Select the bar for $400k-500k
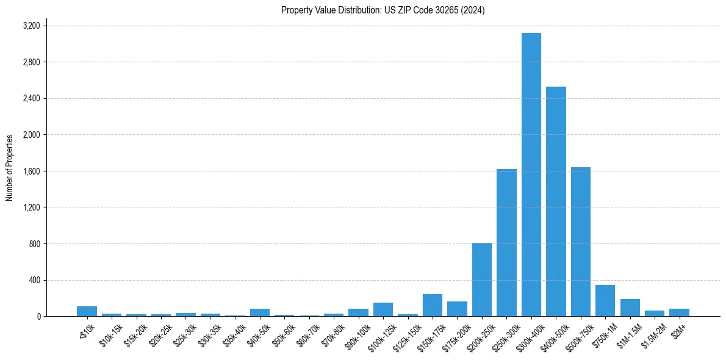tap(556, 201)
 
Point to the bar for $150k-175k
tap(433, 305)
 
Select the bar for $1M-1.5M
tap(630, 308)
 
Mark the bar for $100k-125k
tap(383, 309)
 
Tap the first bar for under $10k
tap(87, 311)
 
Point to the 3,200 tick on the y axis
tap(31, 26)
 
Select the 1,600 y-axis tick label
tap(31, 171)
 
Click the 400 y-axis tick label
tap(34, 280)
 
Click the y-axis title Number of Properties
tap(10, 168)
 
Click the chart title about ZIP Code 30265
tap(383, 10)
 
